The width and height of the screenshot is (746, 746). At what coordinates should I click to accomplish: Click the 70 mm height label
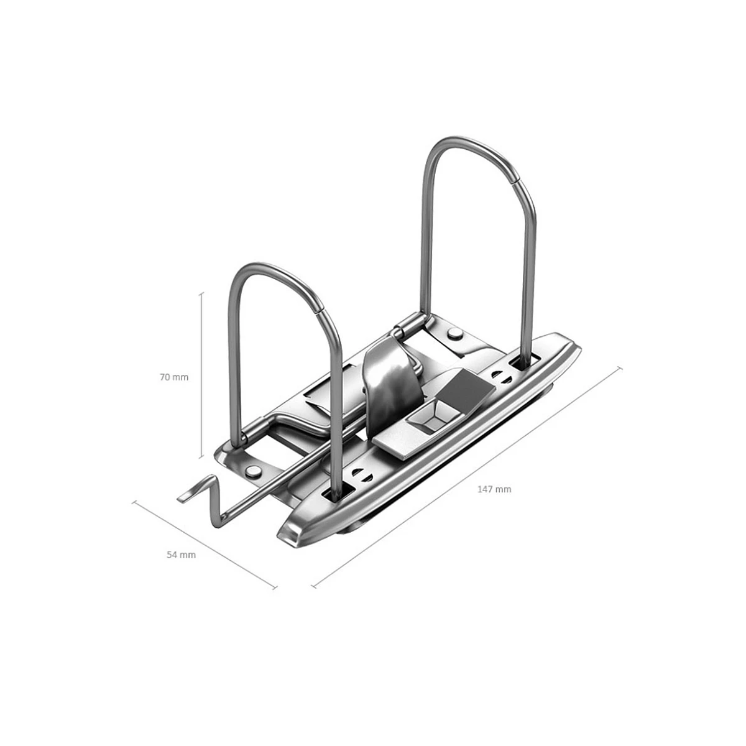[x=174, y=377]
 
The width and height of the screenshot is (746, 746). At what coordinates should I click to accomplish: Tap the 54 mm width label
[x=181, y=555]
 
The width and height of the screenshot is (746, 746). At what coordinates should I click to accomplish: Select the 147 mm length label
[x=494, y=489]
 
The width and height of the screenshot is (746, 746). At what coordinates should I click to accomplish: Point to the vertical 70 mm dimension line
[x=201, y=375]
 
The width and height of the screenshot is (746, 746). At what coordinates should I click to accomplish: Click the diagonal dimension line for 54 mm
[x=205, y=545]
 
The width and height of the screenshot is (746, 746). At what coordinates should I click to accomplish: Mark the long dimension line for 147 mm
[x=467, y=477]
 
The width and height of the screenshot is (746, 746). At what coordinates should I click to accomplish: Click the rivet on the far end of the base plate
[x=454, y=333]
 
